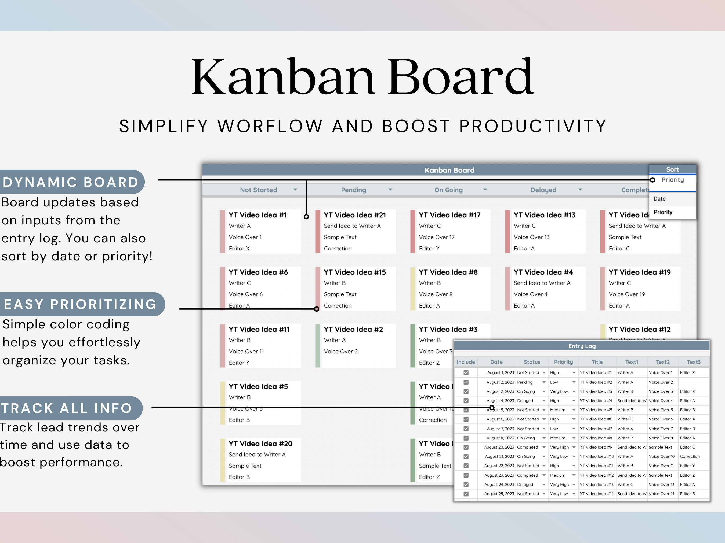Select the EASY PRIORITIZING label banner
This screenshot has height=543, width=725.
[x=80, y=304]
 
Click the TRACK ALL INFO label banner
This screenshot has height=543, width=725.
[x=67, y=408]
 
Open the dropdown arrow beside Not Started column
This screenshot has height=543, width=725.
[x=295, y=190]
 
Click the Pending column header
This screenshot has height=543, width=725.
[x=353, y=190]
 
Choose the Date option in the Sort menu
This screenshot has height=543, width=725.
[x=659, y=199]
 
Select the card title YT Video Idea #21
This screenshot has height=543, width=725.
[x=355, y=215]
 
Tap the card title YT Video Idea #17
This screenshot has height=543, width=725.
[x=449, y=215]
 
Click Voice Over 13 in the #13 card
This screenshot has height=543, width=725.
[x=531, y=237]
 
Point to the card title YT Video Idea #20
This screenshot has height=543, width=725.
[x=260, y=444]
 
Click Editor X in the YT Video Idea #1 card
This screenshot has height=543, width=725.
[x=239, y=248]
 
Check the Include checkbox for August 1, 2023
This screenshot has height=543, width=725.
[x=466, y=372]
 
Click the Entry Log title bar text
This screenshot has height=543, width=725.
[x=582, y=346]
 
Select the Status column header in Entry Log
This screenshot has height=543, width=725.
[x=532, y=362]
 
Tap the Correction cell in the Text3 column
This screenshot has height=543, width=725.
[x=690, y=456]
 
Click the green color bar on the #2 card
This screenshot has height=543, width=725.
[x=318, y=346]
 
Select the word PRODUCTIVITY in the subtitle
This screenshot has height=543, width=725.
[x=532, y=126]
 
